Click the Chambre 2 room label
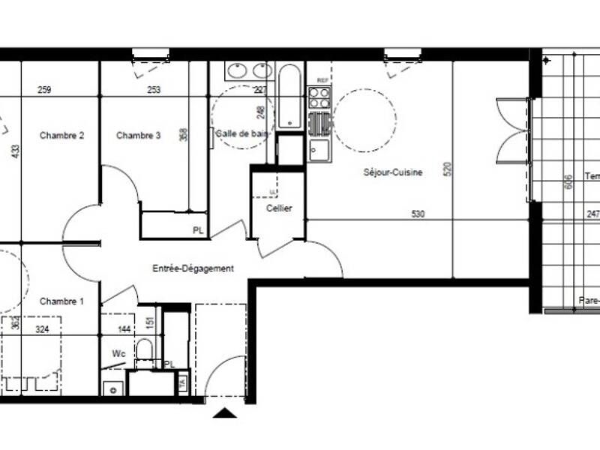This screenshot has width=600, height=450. [x=61, y=136]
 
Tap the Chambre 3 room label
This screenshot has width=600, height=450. [x=138, y=136]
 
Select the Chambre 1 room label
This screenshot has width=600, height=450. [x=61, y=301]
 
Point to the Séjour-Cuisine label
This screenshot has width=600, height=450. [x=393, y=172]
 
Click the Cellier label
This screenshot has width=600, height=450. [x=278, y=208]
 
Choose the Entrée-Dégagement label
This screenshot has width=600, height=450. [x=193, y=268]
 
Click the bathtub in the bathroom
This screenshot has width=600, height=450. [x=289, y=98]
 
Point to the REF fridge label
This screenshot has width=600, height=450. [x=322, y=80]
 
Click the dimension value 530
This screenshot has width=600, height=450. [x=418, y=214]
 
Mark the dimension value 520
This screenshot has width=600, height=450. [x=448, y=169]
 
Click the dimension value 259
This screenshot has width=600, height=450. [x=44, y=91]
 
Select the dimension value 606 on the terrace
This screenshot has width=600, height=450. [x=568, y=181]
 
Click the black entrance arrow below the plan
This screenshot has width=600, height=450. [x=224, y=412]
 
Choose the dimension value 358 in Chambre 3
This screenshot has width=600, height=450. [x=183, y=136]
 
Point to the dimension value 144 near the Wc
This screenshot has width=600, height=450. [x=123, y=329]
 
